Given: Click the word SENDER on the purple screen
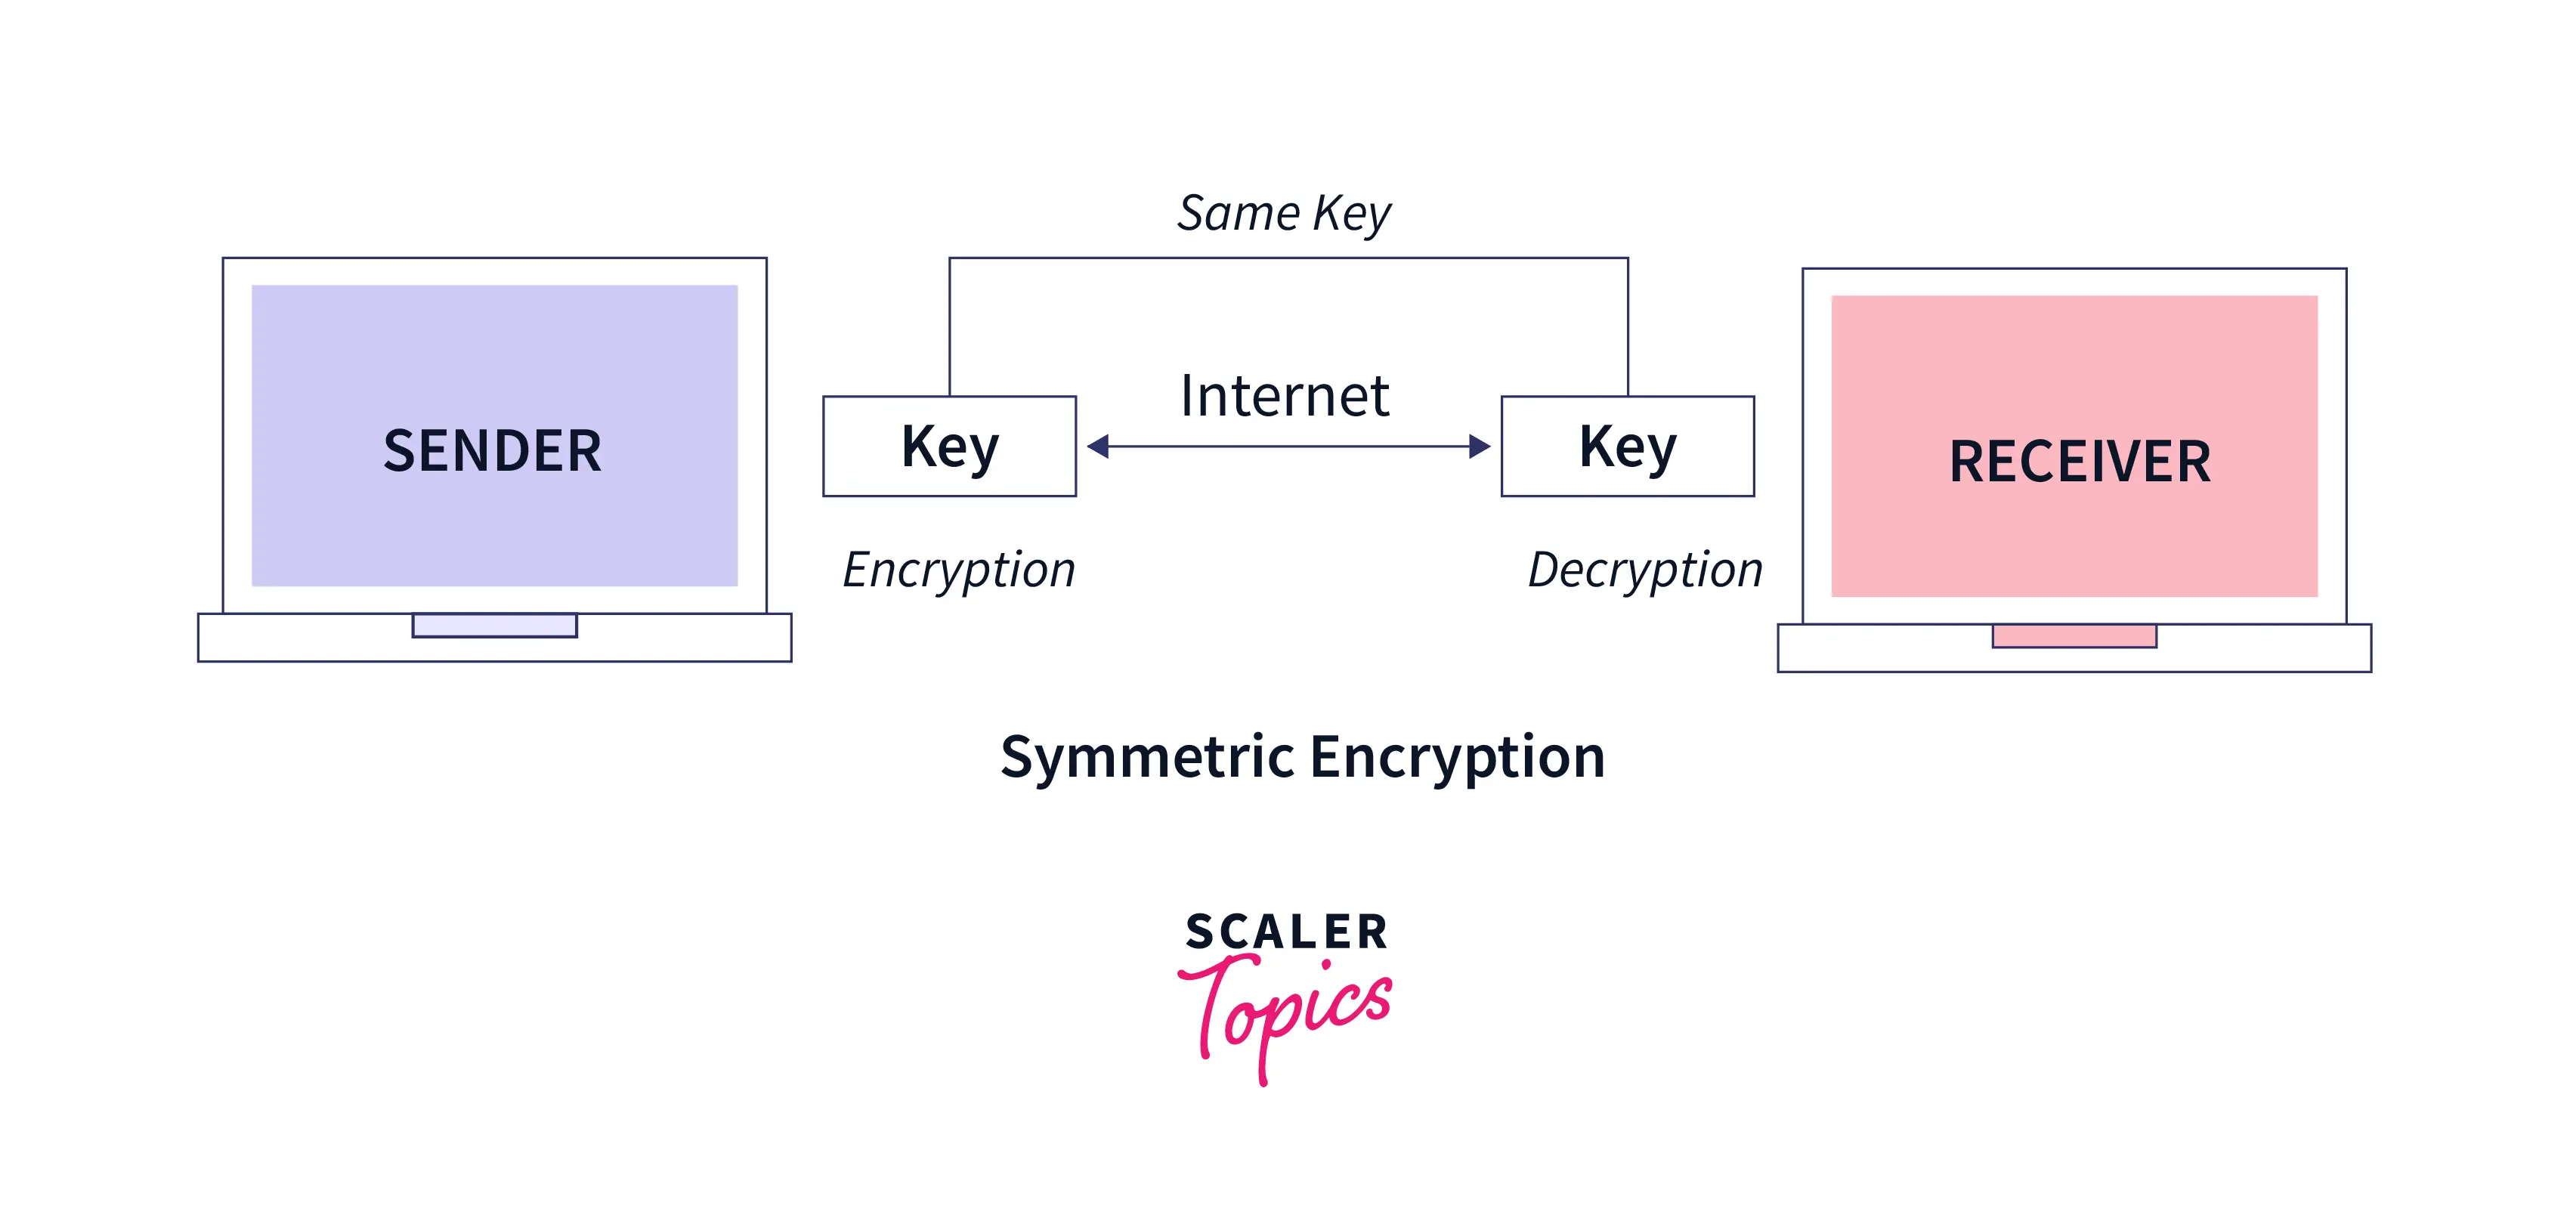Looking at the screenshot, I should tap(493, 451).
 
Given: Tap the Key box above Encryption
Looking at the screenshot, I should tap(949, 446).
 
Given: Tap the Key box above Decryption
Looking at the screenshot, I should tap(1627, 446).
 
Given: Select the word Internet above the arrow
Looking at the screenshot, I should tap(1284, 396).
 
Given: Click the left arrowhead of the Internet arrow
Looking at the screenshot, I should tap(1099, 446).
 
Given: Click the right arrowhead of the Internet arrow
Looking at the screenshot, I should tap(1479, 446).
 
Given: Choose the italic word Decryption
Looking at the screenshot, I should tap(1645, 570).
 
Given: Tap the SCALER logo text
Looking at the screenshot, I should tap(1287, 932).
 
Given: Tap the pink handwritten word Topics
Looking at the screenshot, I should tap(1287, 1007).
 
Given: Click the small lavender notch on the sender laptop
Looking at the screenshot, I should tap(494, 626).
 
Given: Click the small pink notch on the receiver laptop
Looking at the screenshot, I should tap(2074, 636).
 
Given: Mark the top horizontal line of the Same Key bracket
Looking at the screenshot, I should tap(1287, 258).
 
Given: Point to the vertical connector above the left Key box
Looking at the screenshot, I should tap(950, 329).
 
